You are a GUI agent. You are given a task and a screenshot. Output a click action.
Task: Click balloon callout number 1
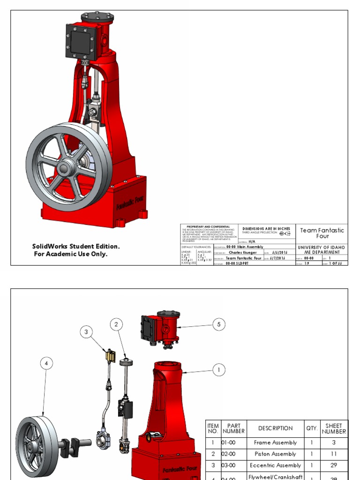[218, 370]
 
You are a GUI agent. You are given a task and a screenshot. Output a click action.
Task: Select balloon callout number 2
[117, 324]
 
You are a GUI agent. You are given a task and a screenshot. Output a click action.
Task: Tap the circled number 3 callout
[86, 333]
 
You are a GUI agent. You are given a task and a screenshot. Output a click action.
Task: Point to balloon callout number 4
[46, 363]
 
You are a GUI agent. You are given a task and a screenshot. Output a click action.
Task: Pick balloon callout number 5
[218, 324]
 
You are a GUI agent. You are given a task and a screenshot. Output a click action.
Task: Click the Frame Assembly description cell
[275, 442]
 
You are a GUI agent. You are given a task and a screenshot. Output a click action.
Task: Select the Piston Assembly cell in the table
[275, 454]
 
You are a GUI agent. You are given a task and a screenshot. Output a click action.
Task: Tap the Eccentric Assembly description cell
[275, 465]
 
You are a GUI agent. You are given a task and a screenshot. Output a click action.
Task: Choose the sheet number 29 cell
[334, 465]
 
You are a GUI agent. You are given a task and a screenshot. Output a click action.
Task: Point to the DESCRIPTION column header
[275, 428]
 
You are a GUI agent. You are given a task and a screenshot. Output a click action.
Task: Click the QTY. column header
[311, 428]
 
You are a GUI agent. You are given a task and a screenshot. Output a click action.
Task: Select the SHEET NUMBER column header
[334, 428]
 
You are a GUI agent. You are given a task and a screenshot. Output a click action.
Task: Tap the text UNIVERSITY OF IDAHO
[322, 247]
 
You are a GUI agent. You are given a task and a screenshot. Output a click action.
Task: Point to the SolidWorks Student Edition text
[76, 247]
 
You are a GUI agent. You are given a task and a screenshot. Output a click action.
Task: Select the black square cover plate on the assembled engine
[82, 41]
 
